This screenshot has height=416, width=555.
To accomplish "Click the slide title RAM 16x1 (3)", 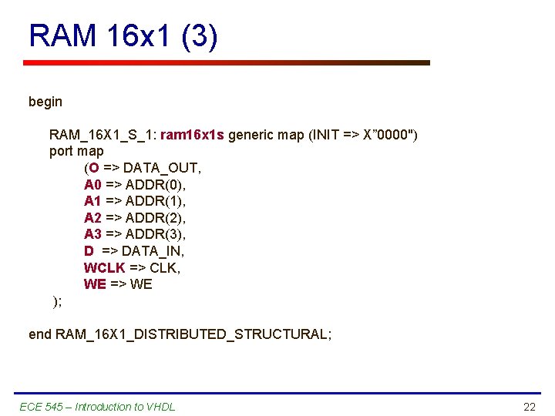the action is [123, 36].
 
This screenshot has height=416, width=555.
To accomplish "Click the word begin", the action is [45, 102].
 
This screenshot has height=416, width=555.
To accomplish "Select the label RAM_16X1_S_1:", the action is [103, 135].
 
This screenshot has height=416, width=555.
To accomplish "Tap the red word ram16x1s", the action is [192, 135].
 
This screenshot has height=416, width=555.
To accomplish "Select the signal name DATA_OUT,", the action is [162, 168].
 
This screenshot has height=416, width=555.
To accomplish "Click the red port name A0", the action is [92, 185].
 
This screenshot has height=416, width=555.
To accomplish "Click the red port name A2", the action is [92, 218].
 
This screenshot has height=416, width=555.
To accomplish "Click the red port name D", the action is [89, 251].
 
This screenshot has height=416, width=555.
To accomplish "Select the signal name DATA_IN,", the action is [153, 251].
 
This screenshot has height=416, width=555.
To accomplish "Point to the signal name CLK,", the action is [164, 268].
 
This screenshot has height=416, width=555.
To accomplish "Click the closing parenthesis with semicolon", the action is [56, 301].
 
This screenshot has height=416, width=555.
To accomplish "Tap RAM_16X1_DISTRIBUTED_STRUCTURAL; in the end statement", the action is [193, 334].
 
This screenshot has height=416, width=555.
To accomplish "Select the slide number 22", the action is [529, 407].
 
